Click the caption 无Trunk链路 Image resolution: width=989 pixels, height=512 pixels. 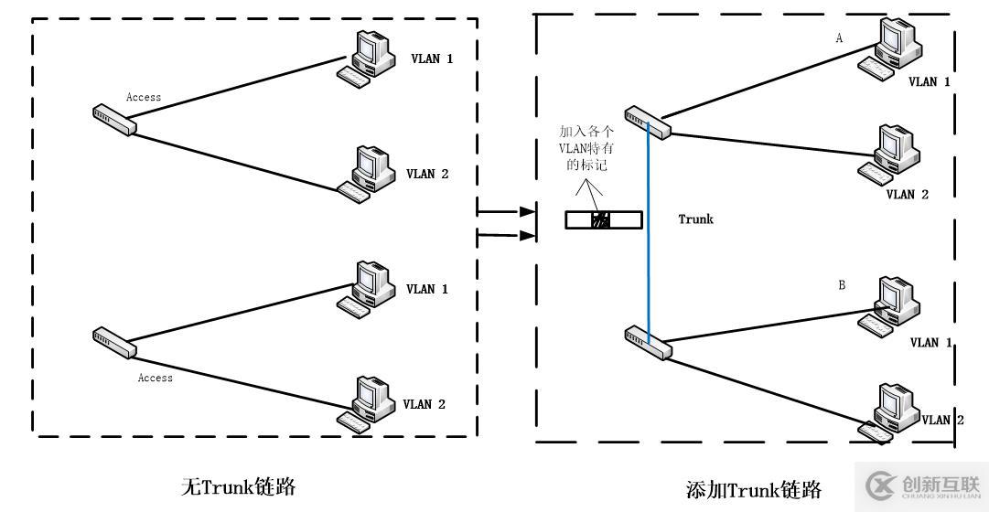(x=239, y=486)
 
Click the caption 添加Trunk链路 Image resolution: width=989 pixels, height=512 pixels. (x=752, y=489)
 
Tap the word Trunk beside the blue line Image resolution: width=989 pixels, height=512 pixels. (x=695, y=219)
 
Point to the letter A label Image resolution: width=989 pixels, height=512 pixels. (x=839, y=39)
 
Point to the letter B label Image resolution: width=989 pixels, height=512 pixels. (x=842, y=286)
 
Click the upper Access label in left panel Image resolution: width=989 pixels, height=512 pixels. (x=144, y=97)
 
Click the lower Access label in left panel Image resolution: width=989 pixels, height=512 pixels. (x=155, y=377)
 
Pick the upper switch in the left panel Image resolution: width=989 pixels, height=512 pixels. (x=114, y=120)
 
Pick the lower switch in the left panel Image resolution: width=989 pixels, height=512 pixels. (x=114, y=342)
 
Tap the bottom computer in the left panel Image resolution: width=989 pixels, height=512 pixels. (x=363, y=402)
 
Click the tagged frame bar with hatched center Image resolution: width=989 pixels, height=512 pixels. (x=601, y=219)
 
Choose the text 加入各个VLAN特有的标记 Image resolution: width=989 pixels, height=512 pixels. (x=583, y=148)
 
